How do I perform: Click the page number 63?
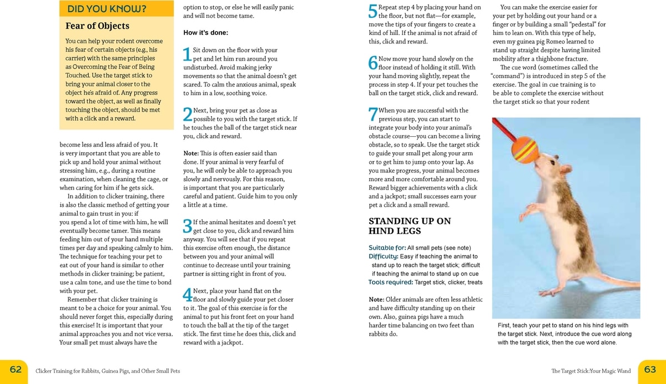tap(650, 370)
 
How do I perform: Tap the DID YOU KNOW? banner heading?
tap(107, 9)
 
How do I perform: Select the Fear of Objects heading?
tap(97, 26)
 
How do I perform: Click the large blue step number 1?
tap(188, 54)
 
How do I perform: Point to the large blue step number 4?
tap(188, 295)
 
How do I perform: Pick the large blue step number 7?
tap(373, 114)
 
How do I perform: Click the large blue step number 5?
tap(373, 12)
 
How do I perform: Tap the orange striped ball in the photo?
tap(525, 149)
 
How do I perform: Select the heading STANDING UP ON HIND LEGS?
tap(410, 226)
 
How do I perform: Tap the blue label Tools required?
tap(391, 282)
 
